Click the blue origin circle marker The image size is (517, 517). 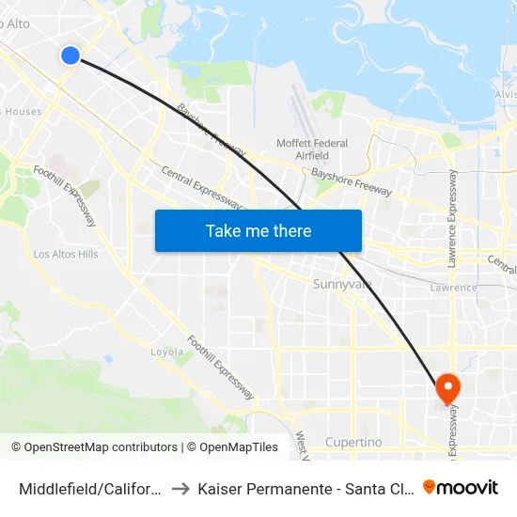coord(70,55)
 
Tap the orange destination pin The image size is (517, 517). coord(447,386)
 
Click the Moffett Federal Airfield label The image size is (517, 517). coord(312,149)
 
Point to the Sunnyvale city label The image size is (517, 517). coord(342,284)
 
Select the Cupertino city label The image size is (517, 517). coord(352,442)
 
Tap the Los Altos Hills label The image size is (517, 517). coord(66,254)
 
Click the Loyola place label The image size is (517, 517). coord(167,352)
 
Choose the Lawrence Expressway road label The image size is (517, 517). coord(453,217)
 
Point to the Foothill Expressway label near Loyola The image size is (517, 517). coord(220,368)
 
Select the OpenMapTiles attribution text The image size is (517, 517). coord(239,447)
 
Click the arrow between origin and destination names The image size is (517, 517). coord(181,488)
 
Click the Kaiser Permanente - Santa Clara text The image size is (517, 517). coord(302,488)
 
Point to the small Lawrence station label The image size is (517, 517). coord(453,288)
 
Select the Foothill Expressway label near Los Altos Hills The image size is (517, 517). coord(65,195)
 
